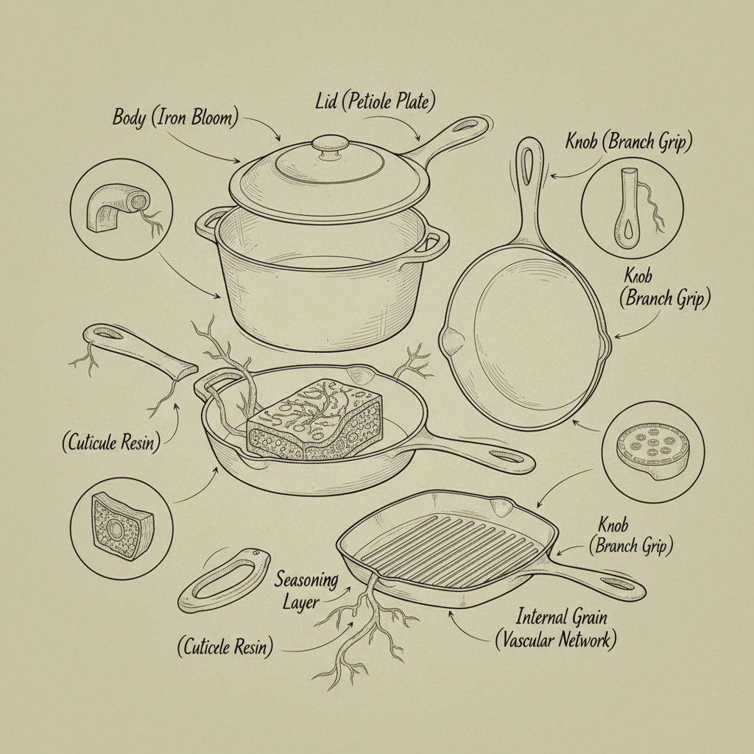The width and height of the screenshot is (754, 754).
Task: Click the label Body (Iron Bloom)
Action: [x=175, y=118]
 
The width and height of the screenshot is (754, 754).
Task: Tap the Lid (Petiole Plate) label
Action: [x=375, y=102]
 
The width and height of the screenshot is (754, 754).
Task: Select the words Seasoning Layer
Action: [x=305, y=591]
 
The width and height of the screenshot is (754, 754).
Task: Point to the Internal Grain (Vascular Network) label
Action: [x=557, y=629]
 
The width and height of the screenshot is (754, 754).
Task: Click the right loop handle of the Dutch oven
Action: [x=435, y=242]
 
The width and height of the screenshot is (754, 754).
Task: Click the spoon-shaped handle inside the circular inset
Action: [x=627, y=208]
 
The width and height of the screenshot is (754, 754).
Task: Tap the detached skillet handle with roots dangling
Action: [x=139, y=351]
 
